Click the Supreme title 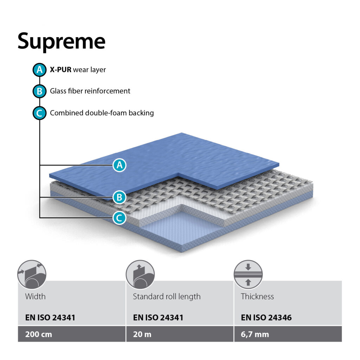(x=61, y=42)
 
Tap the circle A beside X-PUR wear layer (x=39, y=70)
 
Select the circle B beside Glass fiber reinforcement (x=39, y=91)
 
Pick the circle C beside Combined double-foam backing (x=39, y=113)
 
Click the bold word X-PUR (x=60, y=70)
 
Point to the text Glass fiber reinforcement (x=90, y=91)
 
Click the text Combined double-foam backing (x=102, y=113)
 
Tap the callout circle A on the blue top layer (x=120, y=165)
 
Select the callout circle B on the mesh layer (x=120, y=197)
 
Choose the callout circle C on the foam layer (x=120, y=218)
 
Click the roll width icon (x=32, y=275)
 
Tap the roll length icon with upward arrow (x=140, y=275)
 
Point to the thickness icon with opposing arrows (x=248, y=275)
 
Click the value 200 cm (x=39, y=334)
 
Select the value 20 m (x=142, y=334)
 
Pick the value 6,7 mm (x=255, y=334)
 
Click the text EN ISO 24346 (x=266, y=317)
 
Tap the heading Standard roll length (x=167, y=297)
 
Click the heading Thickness (x=257, y=296)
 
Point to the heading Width (x=36, y=296)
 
